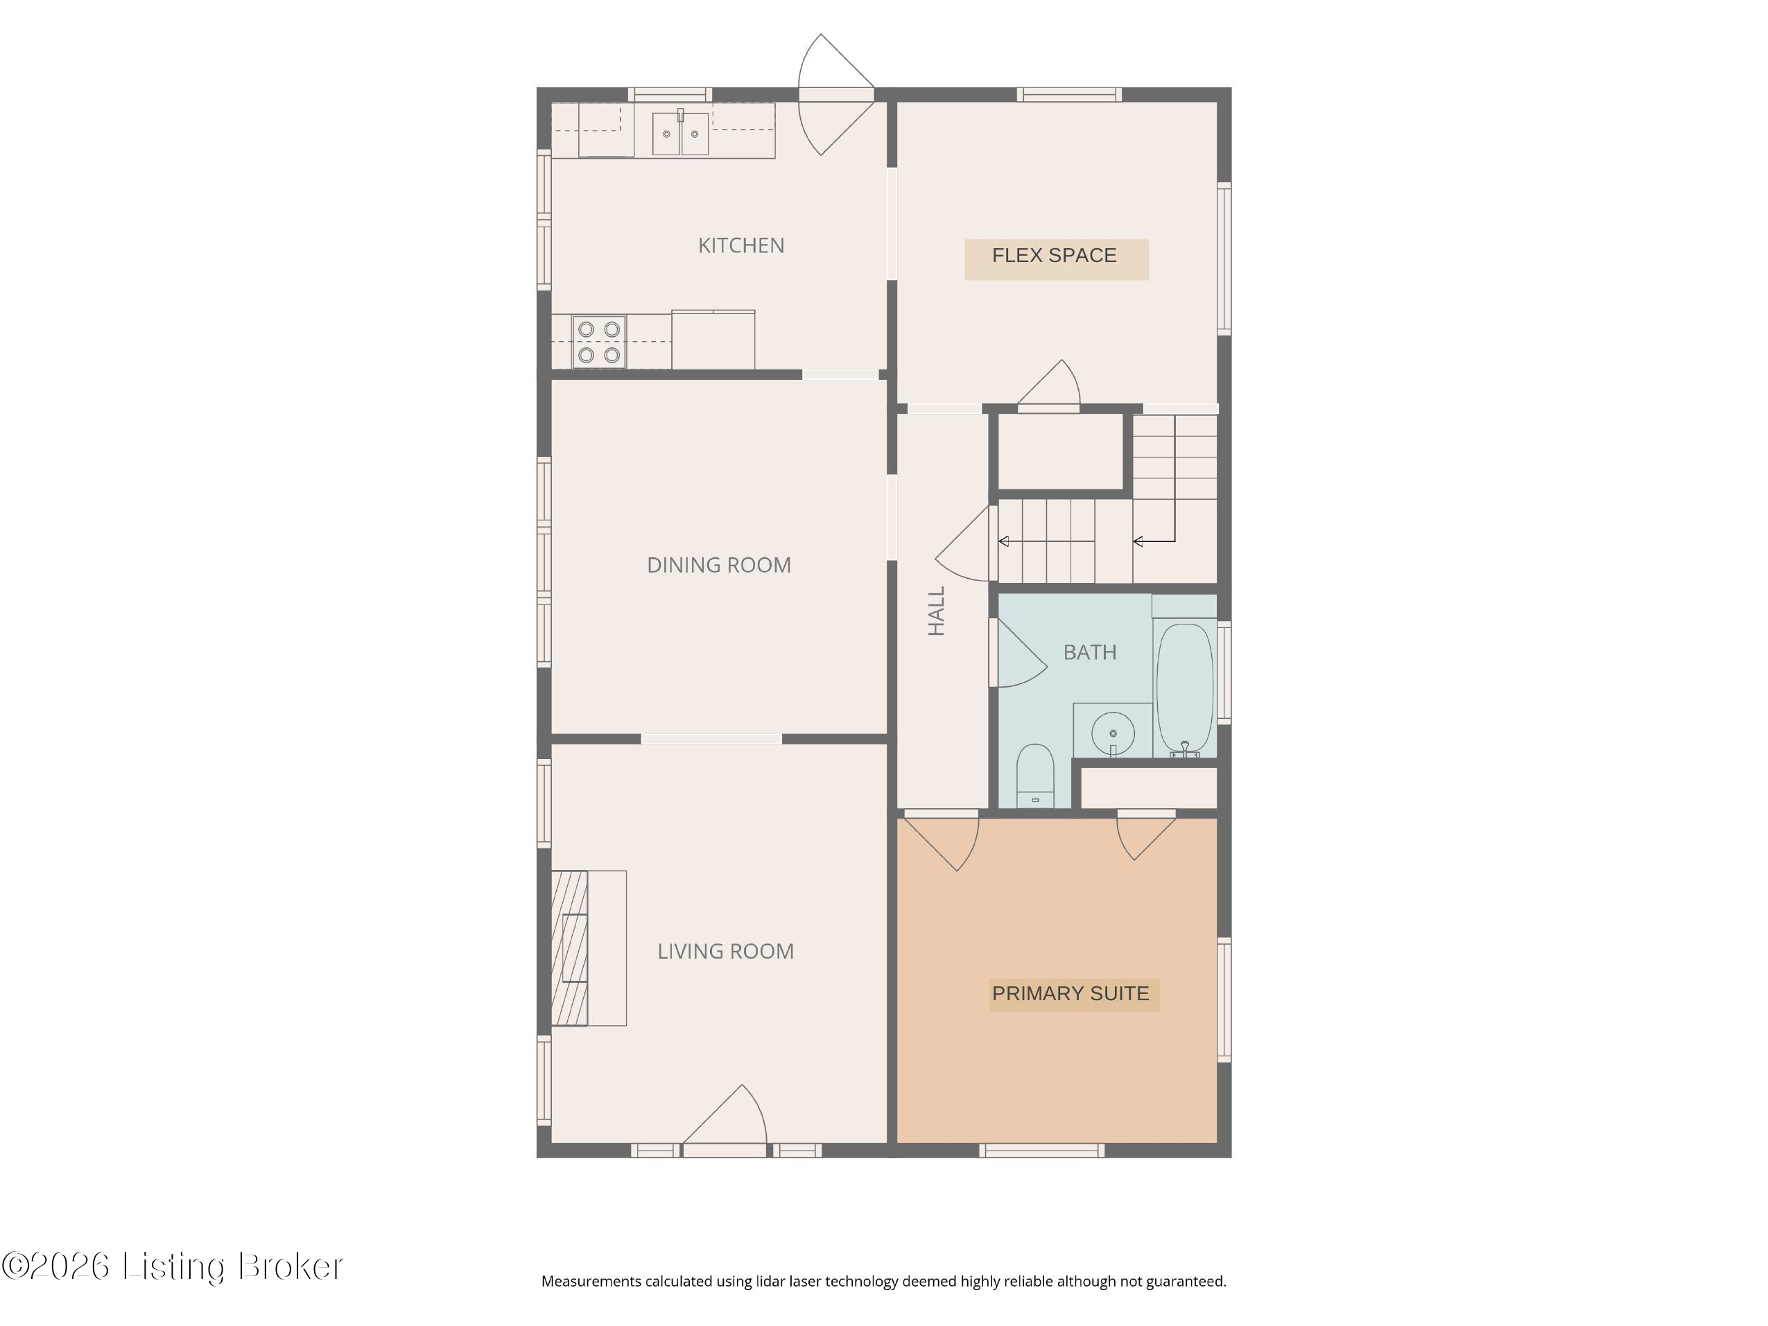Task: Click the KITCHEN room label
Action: [741, 245]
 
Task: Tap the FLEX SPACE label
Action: [1055, 256]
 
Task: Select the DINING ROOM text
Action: [718, 565]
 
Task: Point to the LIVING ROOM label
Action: [725, 951]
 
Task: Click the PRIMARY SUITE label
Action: [1071, 993]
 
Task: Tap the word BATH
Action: [1089, 652]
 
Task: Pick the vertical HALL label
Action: [936, 611]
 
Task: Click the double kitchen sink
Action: [680, 132]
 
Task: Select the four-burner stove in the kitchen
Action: [598, 341]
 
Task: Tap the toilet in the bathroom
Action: [1035, 776]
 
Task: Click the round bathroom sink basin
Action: [1113, 733]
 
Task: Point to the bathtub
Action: [1184, 688]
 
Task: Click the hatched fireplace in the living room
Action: [569, 948]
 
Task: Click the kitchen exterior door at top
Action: [836, 94]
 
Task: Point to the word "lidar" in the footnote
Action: [770, 1281]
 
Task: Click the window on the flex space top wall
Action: [1068, 94]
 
